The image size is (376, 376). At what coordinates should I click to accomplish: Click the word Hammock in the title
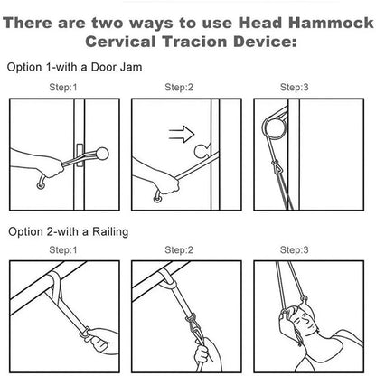(331, 23)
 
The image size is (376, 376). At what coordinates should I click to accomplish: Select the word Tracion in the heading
(194, 42)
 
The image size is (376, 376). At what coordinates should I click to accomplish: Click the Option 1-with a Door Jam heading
(74, 67)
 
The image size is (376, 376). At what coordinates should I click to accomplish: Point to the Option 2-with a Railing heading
(69, 232)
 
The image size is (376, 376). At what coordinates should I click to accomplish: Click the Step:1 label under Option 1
(63, 88)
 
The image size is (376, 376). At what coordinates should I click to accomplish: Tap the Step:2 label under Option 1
(179, 88)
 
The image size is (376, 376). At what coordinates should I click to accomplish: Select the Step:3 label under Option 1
(295, 88)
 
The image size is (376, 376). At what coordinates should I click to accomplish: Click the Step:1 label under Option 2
(63, 250)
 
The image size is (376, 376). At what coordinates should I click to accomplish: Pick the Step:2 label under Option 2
(179, 250)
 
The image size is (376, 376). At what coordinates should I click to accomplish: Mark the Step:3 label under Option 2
(295, 250)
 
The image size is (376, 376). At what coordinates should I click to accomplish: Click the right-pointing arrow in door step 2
(182, 134)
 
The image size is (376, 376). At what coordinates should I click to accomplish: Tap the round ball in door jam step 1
(102, 154)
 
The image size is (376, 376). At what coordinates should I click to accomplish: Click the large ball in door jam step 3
(275, 128)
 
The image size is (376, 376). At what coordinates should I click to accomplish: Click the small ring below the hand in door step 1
(41, 186)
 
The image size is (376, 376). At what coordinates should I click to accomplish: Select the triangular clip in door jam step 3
(277, 167)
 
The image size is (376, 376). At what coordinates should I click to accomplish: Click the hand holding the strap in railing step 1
(100, 341)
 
